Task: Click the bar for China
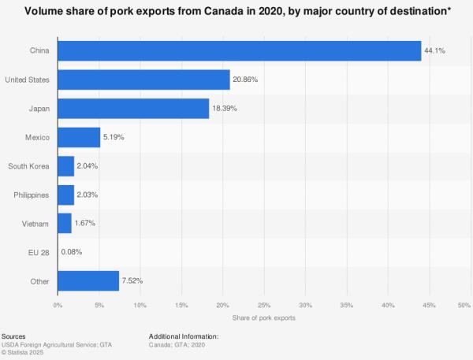coord(239,50)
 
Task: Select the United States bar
coord(143,80)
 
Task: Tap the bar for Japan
coord(133,109)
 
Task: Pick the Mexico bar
coord(79,137)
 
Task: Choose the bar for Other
coord(88,281)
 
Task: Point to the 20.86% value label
coord(245,80)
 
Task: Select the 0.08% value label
coord(73,252)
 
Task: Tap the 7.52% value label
coord(133,281)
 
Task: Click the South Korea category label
coord(29,166)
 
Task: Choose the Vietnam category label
coord(37,224)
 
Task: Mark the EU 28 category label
coord(39,252)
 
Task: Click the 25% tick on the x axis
coord(264,305)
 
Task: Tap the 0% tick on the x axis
coord(58,305)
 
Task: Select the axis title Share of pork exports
coord(264,317)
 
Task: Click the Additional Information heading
coord(184,336)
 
